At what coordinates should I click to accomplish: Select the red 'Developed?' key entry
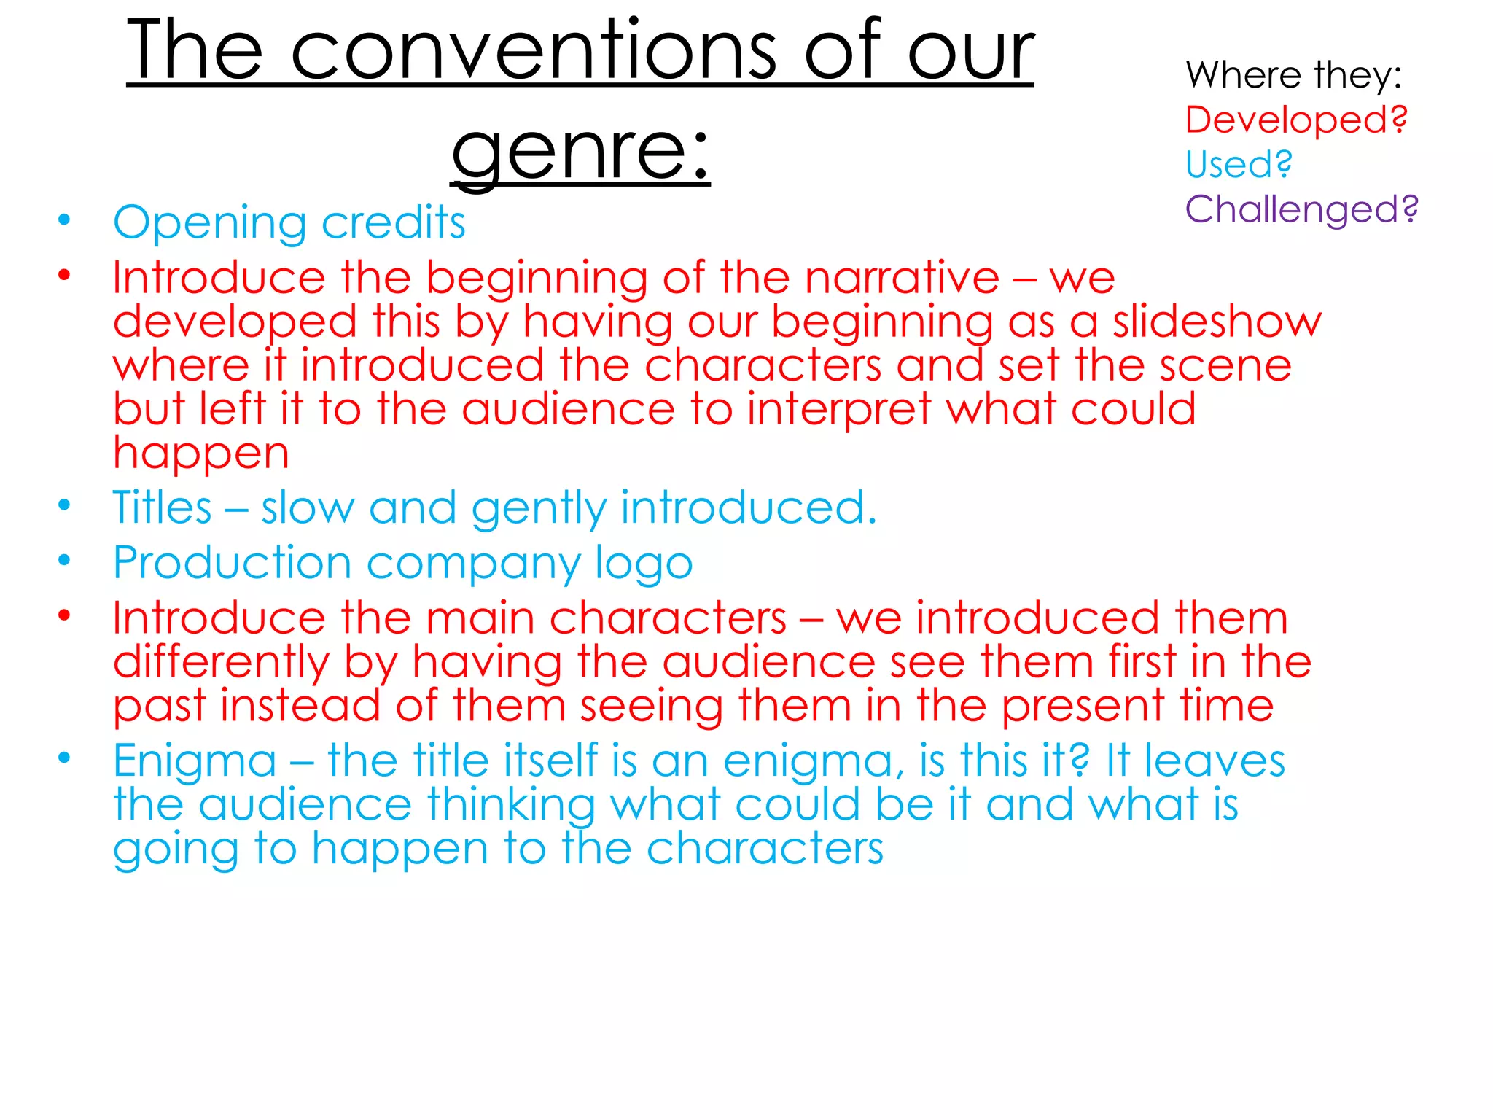tap(1295, 120)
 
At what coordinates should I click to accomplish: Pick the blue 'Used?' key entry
tap(1238, 165)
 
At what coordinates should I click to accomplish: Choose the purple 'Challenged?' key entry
tap(1301, 210)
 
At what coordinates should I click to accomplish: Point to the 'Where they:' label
tap(1293, 75)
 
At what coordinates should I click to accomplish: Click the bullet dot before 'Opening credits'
tap(64, 219)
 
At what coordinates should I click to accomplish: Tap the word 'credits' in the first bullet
tap(393, 222)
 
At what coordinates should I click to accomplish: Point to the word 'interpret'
tap(839, 409)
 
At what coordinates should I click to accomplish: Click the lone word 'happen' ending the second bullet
tap(201, 454)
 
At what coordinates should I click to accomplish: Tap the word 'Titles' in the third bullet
tap(162, 507)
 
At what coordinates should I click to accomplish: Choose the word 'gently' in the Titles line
tap(538, 509)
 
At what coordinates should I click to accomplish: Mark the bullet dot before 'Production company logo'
tap(64, 561)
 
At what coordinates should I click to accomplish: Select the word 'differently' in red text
tap(221, 663)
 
